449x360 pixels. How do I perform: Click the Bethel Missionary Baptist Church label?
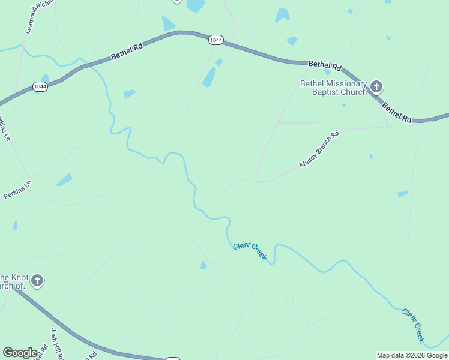[x=334, y=88]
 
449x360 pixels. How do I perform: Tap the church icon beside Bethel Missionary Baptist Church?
[x=376, y=87]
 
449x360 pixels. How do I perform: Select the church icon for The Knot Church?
[x=37, y=280]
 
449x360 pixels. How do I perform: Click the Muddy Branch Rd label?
[x=319, y=149]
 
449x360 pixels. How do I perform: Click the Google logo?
[x=20, y=353]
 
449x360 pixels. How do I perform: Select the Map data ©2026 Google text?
[x=412, y=355]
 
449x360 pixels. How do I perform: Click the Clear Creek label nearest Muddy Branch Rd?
[x=250, y=251]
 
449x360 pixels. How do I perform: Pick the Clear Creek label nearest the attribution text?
[x=414, y=326]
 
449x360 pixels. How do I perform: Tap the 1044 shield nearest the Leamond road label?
[x=41, y=86]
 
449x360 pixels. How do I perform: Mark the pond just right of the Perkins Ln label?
[x=64, y=179]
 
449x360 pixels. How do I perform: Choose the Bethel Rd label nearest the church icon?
[x=397, y=112]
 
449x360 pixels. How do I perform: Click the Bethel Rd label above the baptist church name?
[x=325, y=65]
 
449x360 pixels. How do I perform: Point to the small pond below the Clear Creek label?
[x=204, y=265]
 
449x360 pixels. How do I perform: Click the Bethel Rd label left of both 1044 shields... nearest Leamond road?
[x=128, y=52]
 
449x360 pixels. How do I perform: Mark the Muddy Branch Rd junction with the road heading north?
[x=256, y=181]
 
